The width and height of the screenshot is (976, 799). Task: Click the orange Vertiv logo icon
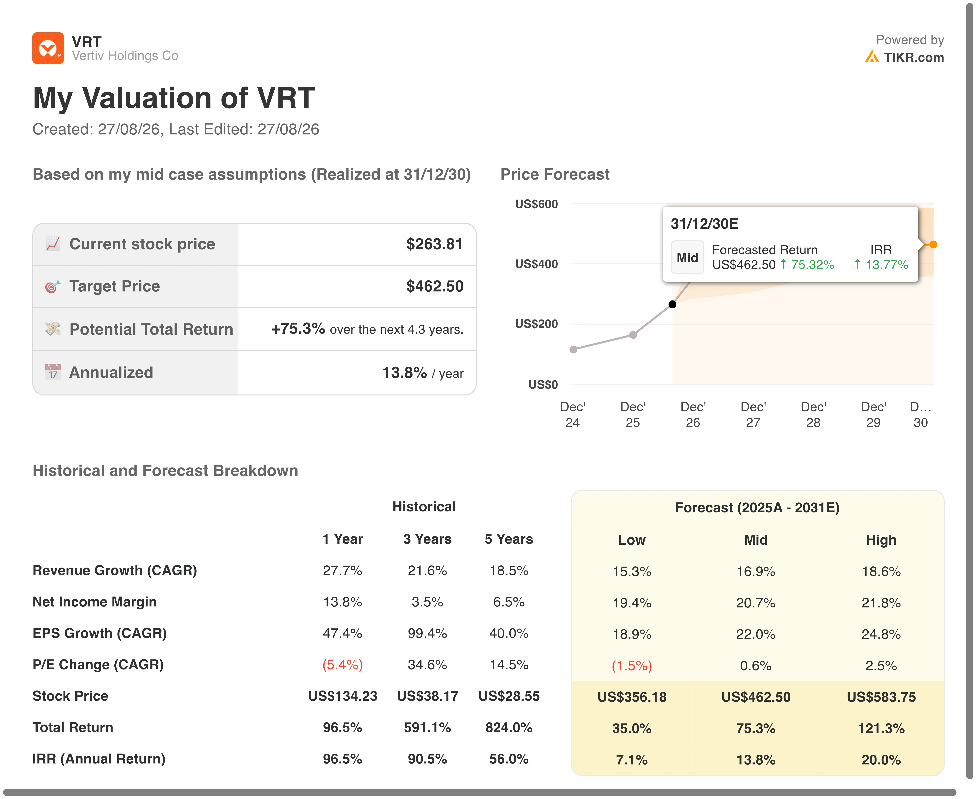point(48,48)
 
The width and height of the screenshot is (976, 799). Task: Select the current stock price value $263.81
point(434,244)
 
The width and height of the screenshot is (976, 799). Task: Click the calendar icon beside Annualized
point(52,372)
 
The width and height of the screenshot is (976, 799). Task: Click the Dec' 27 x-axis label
point(753,415)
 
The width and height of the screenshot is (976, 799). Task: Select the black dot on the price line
point(672,304)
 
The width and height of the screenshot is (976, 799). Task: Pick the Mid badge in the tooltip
point(687,257)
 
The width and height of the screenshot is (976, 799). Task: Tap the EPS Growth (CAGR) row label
point(99,633)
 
